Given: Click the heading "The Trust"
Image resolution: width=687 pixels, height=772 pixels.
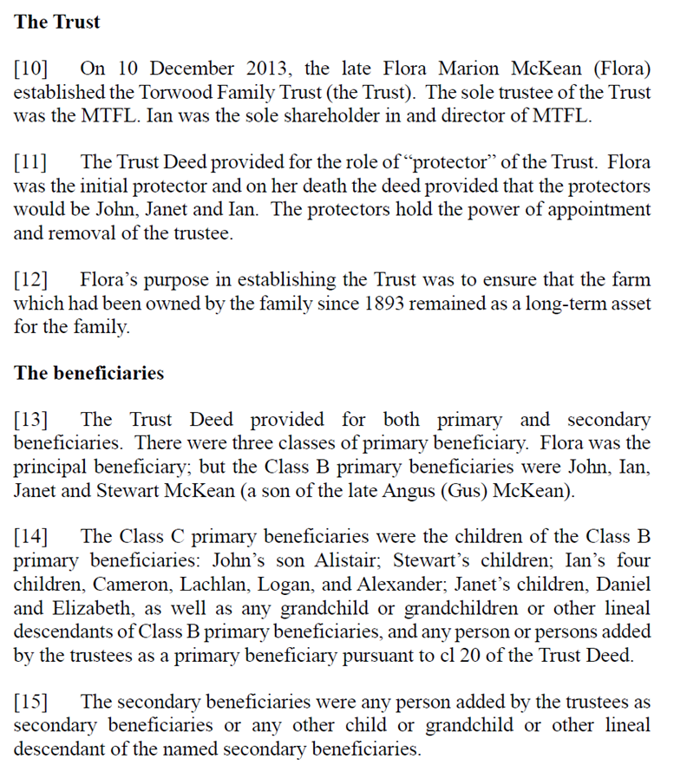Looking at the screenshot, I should (56, 22).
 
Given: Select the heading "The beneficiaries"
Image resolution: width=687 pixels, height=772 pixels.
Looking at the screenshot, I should (88, 373).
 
